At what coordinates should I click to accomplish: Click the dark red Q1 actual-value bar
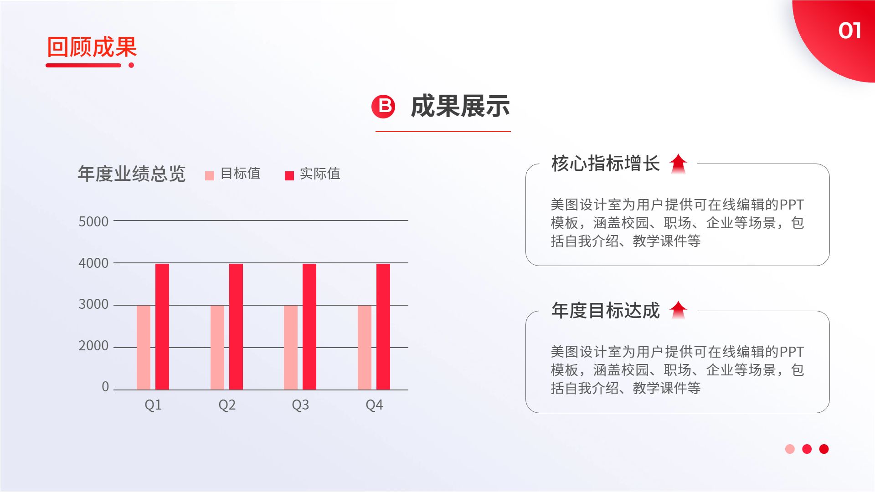(162, 326)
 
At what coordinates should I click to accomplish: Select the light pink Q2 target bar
(217, 347)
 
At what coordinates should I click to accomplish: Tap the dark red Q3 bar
(309, 326)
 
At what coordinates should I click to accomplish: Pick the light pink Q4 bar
(365, 347)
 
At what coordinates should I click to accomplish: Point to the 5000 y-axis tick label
(93, 222)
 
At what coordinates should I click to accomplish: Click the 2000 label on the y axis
(93, 346)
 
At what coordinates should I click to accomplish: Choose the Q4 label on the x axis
(374, 405)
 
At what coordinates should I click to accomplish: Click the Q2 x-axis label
(227, 405)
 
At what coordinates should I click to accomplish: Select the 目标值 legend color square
(210, 176)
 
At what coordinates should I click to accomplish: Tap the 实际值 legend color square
(289, 176)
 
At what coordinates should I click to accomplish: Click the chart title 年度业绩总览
(132, 174)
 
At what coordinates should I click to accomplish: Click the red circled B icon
(383, 107)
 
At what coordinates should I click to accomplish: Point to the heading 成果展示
(460, 107)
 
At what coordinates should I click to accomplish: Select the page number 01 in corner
(849, 31)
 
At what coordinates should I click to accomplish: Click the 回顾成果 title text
(92, 47)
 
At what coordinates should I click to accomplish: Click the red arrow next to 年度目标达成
(678, 310)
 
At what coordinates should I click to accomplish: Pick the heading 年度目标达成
(605, 311)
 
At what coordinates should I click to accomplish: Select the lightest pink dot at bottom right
(790, 449)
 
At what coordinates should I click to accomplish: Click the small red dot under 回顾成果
(131, 65)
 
